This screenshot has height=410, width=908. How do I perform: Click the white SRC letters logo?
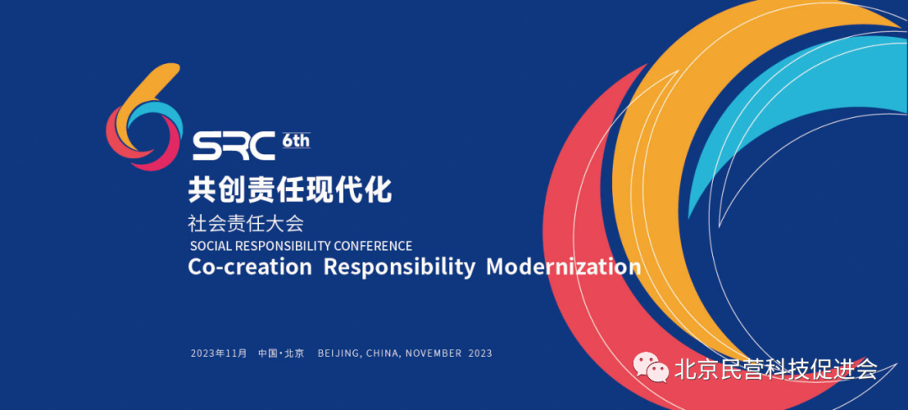click(233, 146)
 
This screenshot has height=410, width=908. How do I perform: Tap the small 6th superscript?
click(296, 141)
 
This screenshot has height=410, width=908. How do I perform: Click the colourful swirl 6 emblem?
click(144, 118)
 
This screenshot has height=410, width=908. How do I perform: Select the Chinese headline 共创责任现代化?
click(290, 189)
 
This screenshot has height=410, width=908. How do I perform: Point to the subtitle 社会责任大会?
click(245, 224)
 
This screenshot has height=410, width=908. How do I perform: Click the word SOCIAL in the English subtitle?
click(209, 246)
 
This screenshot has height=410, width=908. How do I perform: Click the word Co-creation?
click(250, 268)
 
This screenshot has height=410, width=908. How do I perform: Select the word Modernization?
click(563, 268)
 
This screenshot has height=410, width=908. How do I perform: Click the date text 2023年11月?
click(219, 353)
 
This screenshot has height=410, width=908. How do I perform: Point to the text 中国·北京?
click(281, 353)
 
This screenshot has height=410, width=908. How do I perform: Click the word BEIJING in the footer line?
click(340, 353)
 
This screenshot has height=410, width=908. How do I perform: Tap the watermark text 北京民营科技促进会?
click(776, 369)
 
